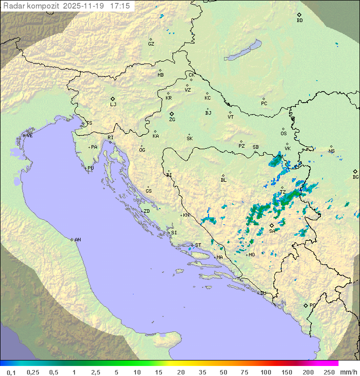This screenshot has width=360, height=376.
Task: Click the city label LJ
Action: pyautogui.click(x=113, y=105)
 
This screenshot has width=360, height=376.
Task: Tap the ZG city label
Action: pyautogui.click(x=172, y=120)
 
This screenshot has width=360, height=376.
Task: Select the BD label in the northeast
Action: pyautogui.click(x=299, y=21)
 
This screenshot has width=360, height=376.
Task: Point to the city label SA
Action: pyautogui.click(x=272, y=231)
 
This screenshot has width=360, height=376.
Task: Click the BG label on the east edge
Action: pyautogui.click(x=355, y=177)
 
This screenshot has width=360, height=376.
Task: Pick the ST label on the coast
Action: pyautogui.click(x=198, y=245)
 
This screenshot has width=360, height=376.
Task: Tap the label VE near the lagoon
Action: pyautogui.click(x=29, y=135)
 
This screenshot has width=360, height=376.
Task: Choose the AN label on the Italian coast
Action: pyautogui.click(x=77, y=240)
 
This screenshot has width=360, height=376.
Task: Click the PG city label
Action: pyautogui.click(x=312, y=305)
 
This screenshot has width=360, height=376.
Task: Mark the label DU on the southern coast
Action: pyautogui.click(x=262, y=293)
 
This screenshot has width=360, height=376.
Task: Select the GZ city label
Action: pyautogui.click(x=151, y=44)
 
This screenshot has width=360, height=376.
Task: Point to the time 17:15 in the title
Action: pyautogui.click(x=119, y=6)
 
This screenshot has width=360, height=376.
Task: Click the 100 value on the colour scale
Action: pyautogui.click(x=265, y=372)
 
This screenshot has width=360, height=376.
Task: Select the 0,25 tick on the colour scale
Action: pyautogui.click(x=33, y=372)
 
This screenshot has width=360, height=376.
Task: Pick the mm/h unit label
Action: pyautogui.click(x=347, y=372)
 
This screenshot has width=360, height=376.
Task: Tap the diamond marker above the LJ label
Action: pyautogui.click(x=113, y=99)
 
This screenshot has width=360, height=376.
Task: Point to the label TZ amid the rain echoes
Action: pyautogui.click(x=282, y=192)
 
